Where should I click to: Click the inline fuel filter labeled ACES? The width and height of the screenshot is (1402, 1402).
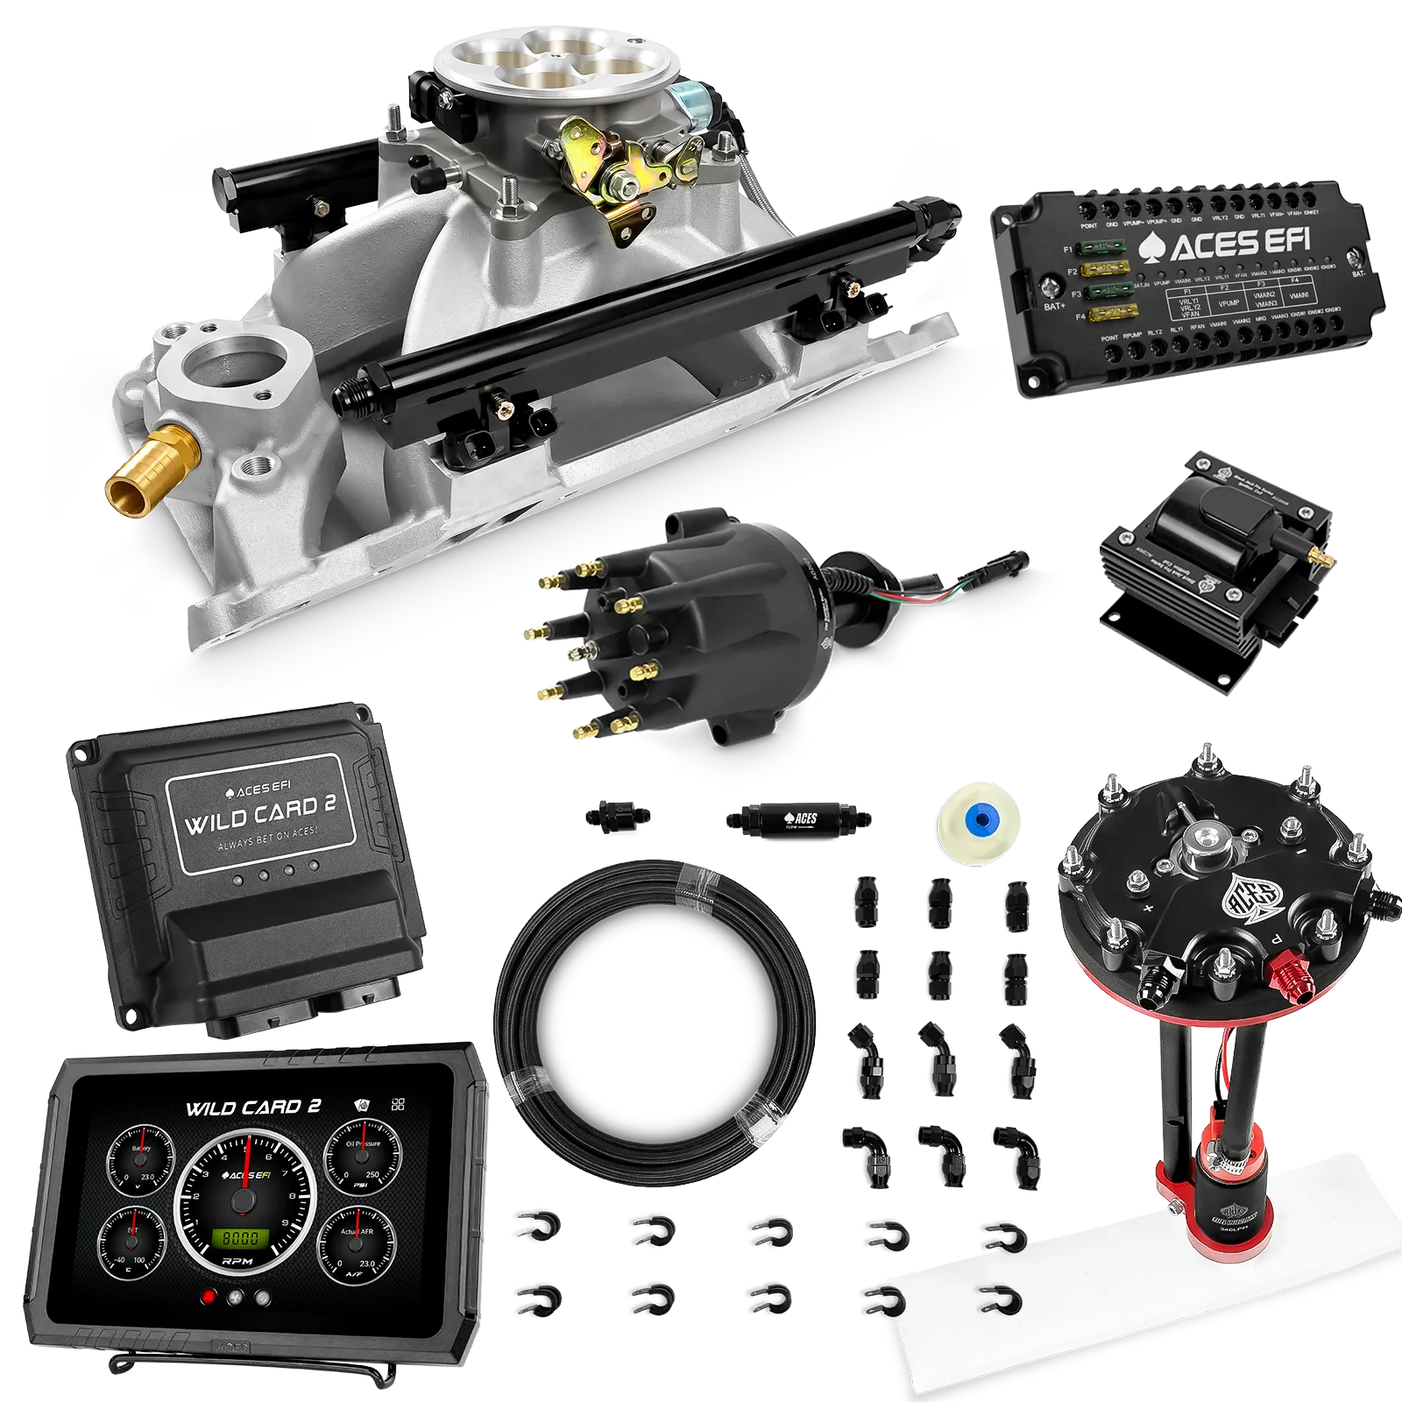tap(797, 820)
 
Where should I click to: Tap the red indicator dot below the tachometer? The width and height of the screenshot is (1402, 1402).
tap(208, 1298)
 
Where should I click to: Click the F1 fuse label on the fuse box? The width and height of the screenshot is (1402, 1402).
tap(1068, 250)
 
